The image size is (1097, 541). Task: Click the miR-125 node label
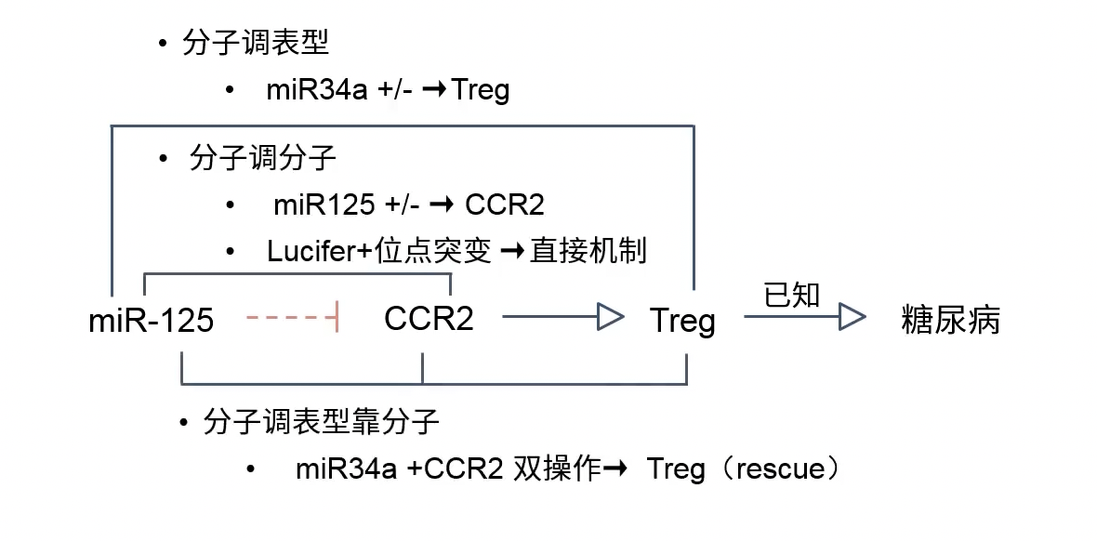click(151, 321)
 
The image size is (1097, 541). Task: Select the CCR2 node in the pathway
click(429, 319)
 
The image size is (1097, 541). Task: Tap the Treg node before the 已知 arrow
click(682, 321)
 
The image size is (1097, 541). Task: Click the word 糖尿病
click(950, 320)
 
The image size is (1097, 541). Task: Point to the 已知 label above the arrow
click(791, 295)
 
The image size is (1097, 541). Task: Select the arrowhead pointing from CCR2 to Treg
click(609, 318)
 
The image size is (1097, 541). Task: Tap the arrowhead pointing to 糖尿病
click(852, 318)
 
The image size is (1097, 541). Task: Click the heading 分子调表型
click(256, 43)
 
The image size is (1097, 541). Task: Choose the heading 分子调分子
click(262, 158)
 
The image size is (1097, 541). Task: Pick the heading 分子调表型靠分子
click(321, 422)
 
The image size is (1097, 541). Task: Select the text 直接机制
click(588, 251)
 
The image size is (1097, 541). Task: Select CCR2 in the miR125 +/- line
click(504, 205)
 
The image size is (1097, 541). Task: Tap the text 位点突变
click(433, 251)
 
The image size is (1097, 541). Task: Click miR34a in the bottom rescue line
click(347, 468)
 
